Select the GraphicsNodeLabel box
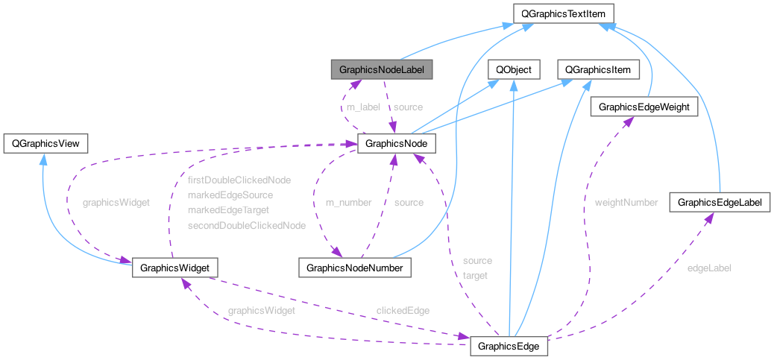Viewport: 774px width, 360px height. pyautogui.click(x=382, y=70)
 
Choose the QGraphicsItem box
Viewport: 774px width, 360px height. pyautogui.click(x=598, y=70)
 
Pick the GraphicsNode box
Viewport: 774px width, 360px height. pyautogui.click(x=396, y=142)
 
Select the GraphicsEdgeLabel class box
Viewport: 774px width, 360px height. pyautogui.click(x=720, y=201)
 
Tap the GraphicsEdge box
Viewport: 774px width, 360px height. pyautogui.click(x=509, y=347)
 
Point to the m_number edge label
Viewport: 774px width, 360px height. pyautogui.click(x=347, y=202)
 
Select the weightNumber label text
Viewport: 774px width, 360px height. pyautogui.click(x=626, y=202)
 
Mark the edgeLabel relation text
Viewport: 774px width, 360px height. pyautogui.click(x=709, y=268)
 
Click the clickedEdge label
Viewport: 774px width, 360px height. pyautogui.click(x=403, y=310)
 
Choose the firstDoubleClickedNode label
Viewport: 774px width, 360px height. pyautogui.click(x=239, y=180)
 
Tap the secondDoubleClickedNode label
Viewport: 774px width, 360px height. pyautogui.click(x=247, y=224)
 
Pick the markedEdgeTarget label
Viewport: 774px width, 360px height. pyautogui.click(x=228, y=209)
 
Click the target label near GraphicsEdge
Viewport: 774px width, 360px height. pyautogui.click(x=475, y=276)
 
